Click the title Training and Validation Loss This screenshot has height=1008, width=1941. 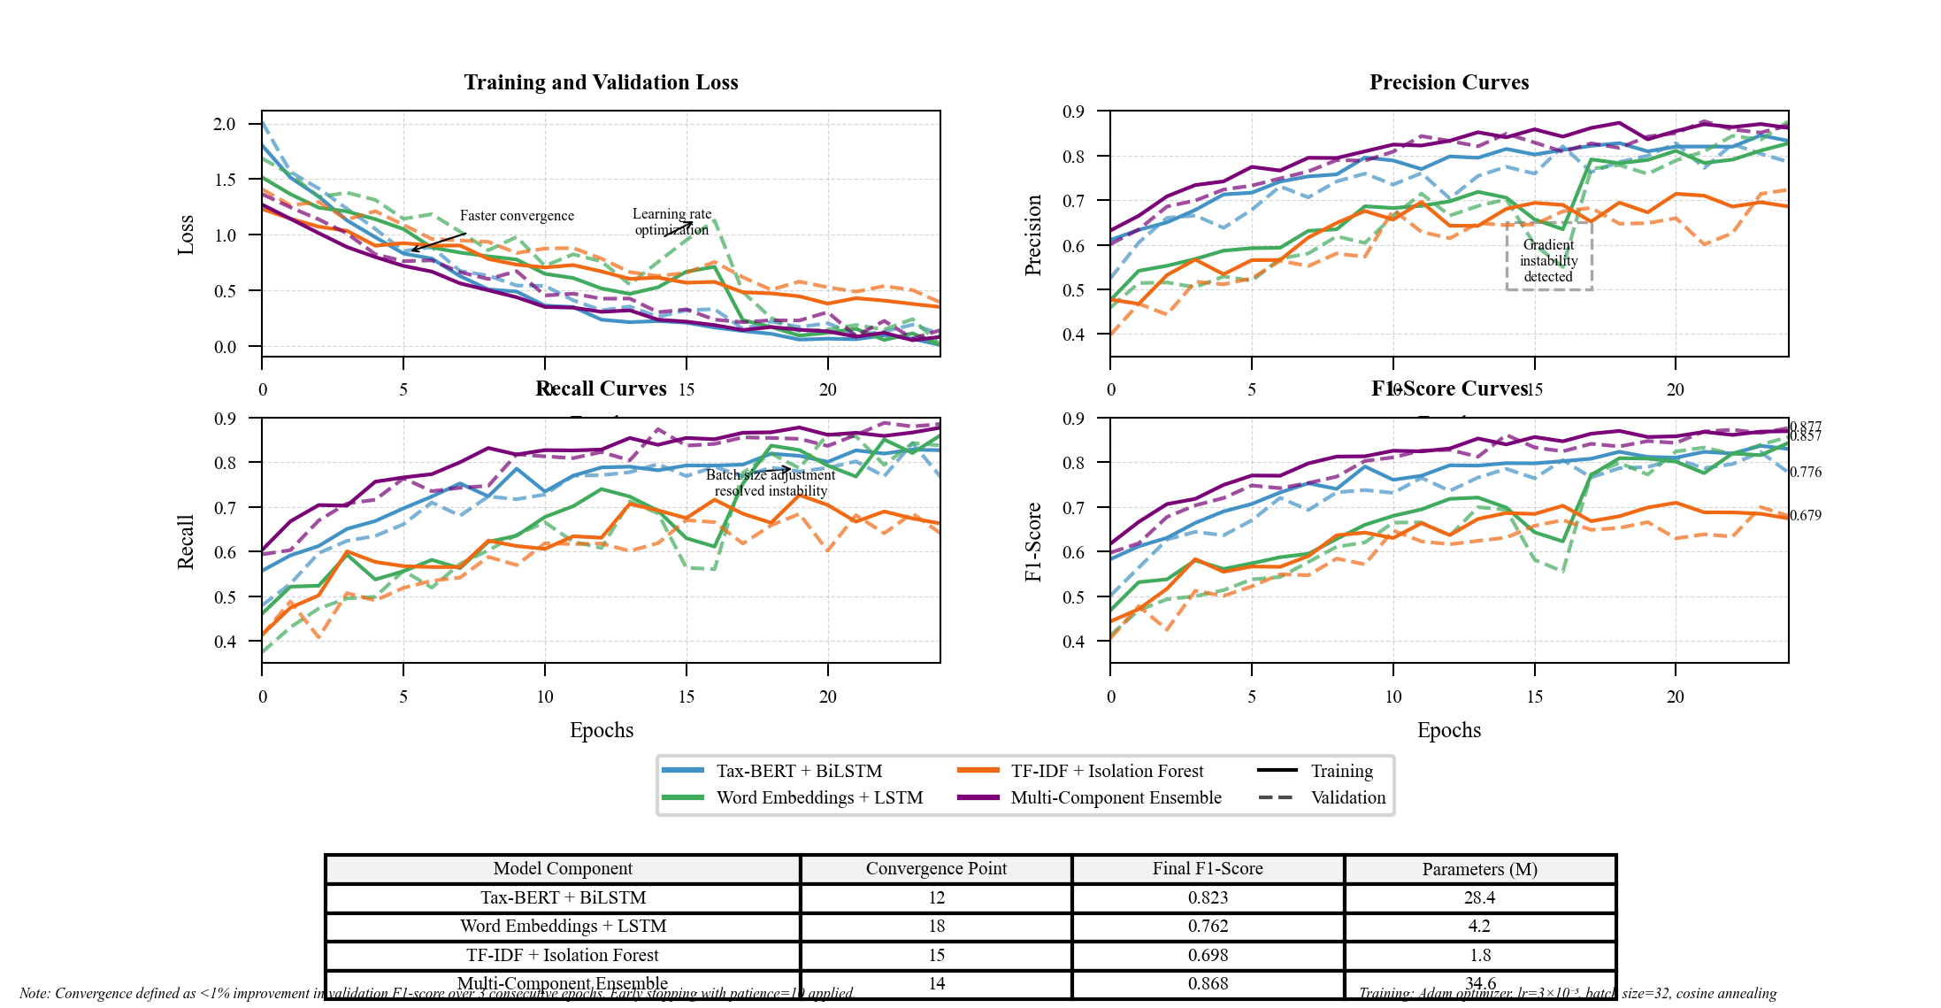pyautogui.click(x=601, y=82)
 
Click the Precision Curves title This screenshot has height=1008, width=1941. pyautogui.click(x=1449, y=82)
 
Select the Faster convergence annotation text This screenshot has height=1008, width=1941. pyautogui.click(x=517, y=216)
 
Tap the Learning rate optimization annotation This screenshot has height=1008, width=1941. pyautogui.click(x=671, y=222)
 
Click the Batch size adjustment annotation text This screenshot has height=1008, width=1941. pyautogui.click(x=771, y=483)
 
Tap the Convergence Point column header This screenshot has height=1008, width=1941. pyautogui.click(x=936, y=869)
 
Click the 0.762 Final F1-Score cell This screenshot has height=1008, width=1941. pyautogui.click(x=1208, y=927)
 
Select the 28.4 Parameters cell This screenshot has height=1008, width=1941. pyautogui.click(x=1479, y=898)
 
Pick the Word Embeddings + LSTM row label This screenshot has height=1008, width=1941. pyautogui.click(x=563, y=927)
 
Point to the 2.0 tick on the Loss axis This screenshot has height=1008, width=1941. pyautogui.click(x=224, y=124)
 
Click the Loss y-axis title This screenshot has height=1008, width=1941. pyautogui.click(x=186, y=235)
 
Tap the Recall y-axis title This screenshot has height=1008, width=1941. pyautogui.click(x=186, y=541)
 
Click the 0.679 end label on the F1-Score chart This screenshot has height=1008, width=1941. pyautogui.click(x=1806, y=516)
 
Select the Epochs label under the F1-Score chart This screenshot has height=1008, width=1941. pyautogui.click(x=1449, y=730)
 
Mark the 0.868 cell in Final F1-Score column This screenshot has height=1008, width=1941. pyautogui.click(x=1208, y=984)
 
